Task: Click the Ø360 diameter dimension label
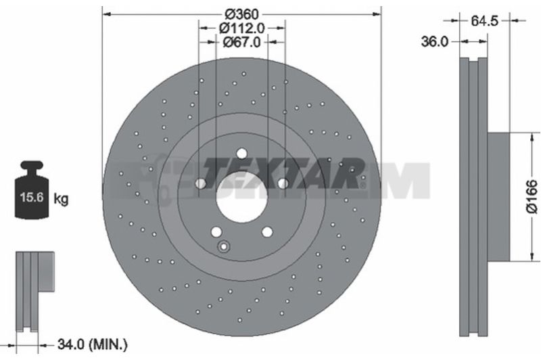(x=241, y=14)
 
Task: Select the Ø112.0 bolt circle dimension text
(x=241, y=28)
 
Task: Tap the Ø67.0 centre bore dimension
(x=241, y=42)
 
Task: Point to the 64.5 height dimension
(x=484, y=21)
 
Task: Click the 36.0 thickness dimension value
(x=434, y=42)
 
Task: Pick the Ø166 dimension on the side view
(x=532, y=196)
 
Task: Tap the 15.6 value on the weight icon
(x=31, y=198)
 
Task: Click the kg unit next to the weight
(x=61, y=199)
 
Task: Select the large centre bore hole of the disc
(x=241, y=199)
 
